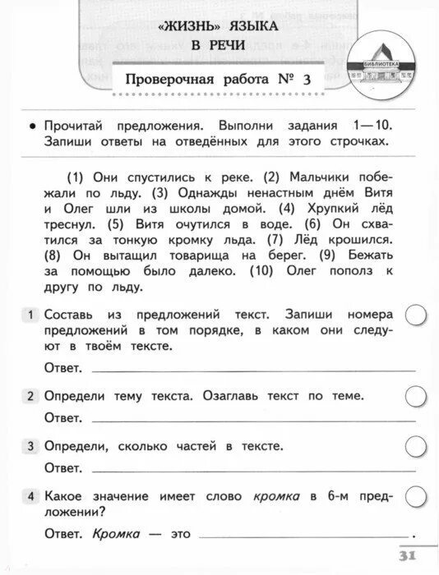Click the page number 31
point(409,555)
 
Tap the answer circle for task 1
point(417,315)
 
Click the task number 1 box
point(30,315)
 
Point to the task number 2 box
point(30,396)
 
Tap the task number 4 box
point(30,496)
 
